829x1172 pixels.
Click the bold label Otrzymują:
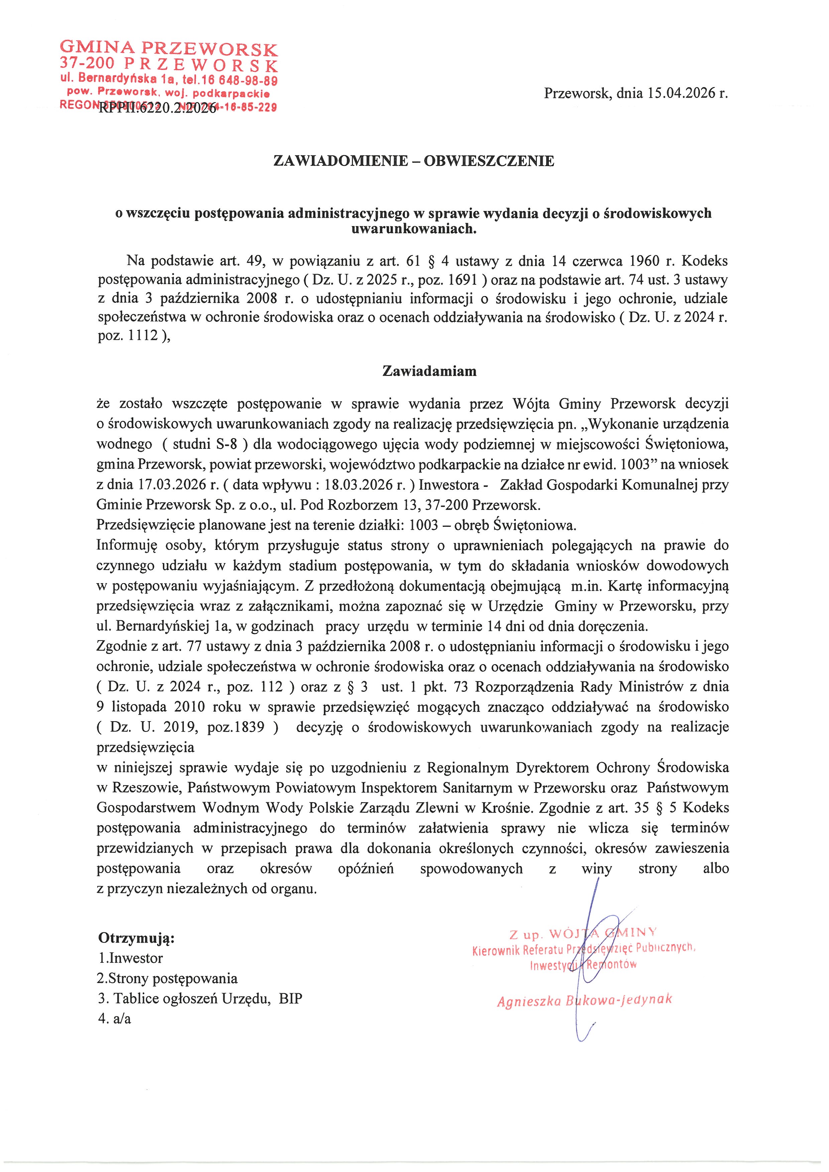(x=136, y=938)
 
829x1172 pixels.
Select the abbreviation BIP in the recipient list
(x=291, y=999)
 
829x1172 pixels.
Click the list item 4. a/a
(x=115, y=1019)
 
